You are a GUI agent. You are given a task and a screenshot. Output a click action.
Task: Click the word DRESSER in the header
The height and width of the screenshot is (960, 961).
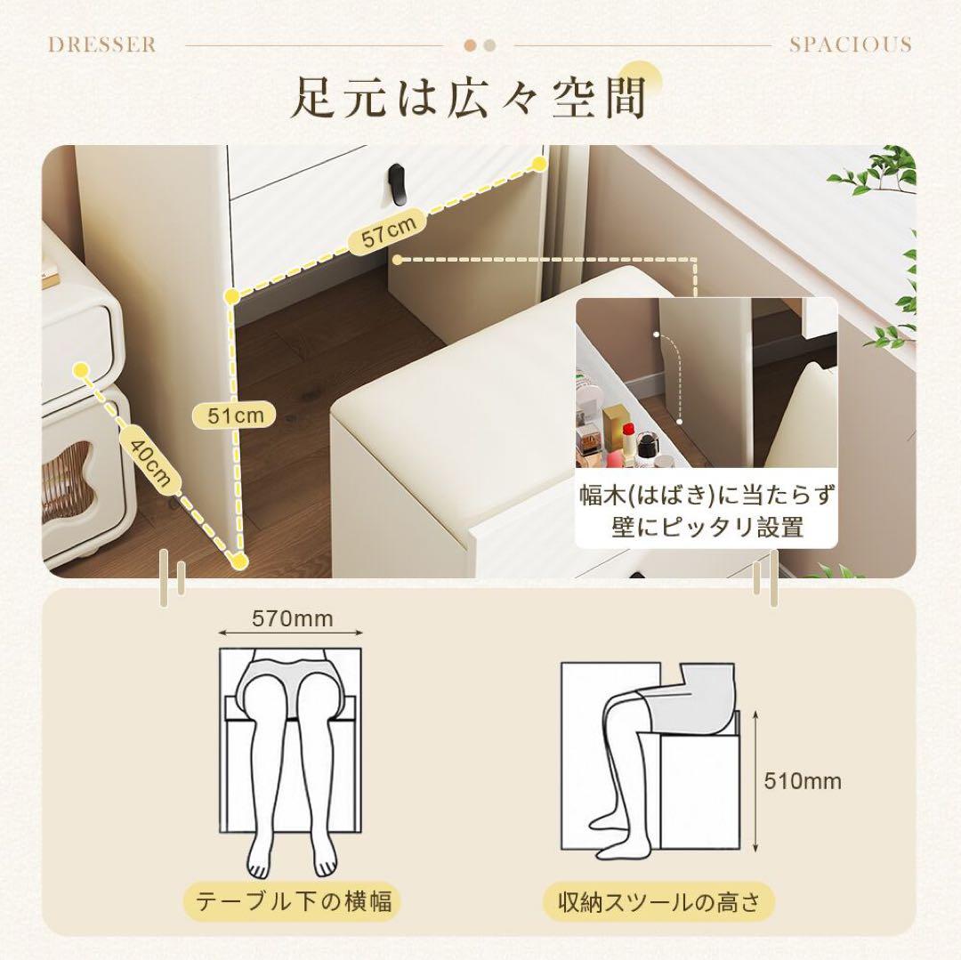(101, 44)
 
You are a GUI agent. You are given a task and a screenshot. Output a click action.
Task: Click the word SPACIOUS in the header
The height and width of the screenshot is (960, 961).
(850, 44)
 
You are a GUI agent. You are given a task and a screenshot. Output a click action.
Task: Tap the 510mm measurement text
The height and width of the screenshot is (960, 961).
(803, 781)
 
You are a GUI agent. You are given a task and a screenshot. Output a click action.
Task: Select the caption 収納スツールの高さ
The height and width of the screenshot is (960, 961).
(659, 903)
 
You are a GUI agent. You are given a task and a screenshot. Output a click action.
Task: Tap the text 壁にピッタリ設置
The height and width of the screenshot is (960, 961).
(707, 527)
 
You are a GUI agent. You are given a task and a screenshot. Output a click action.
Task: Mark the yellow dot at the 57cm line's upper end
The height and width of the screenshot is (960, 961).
(538, 164)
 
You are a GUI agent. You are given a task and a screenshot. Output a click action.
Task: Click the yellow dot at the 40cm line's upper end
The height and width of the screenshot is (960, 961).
(81, 368)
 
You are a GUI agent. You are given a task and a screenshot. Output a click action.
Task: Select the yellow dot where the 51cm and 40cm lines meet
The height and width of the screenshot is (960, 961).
(238, 561)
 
